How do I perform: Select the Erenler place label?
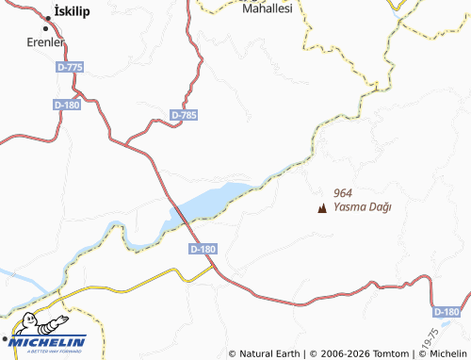coord(44,43)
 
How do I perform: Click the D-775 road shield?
coord(70,67)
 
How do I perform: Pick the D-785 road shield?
coord(185,115)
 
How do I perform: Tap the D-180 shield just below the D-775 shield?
coord(67,105)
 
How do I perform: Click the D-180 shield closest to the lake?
coord(203,249)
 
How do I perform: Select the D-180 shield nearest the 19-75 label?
coord(447,312)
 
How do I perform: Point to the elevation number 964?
coord(343,191)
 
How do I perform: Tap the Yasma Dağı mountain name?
coord(363,207)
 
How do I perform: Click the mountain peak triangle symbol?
coord(323,207)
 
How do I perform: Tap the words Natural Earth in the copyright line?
coord(269,353)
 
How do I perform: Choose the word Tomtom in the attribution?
coord(386,353)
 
